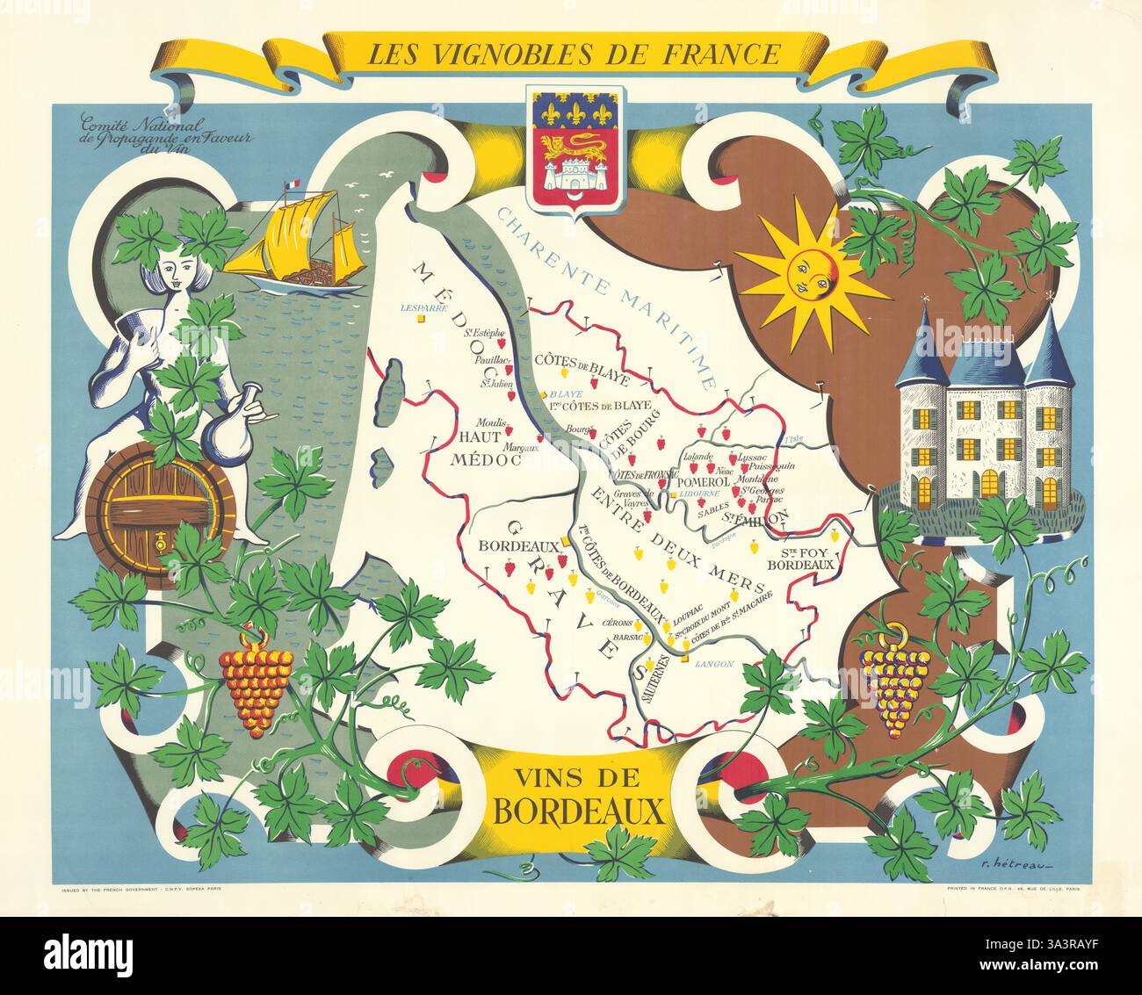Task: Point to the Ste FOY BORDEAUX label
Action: click(x=799, y=559)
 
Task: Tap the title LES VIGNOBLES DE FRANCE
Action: click(x=573, y=54)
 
